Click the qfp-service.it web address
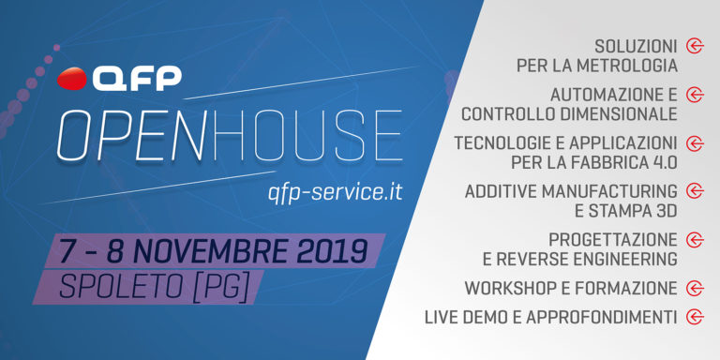coord(335,190)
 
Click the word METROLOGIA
coord(623,66)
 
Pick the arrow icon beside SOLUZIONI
coord(695,45)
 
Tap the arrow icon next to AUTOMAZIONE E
coord(695,95)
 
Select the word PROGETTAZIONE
coord(613,240)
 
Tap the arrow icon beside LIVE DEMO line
coord(695,317)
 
